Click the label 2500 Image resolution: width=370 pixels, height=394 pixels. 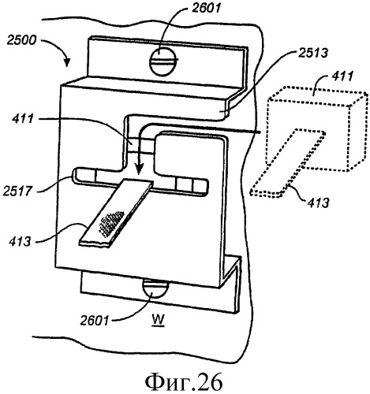coord(21,41)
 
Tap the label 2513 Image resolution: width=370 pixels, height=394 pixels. coord(312,53)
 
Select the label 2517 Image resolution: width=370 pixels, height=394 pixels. coord(17,191)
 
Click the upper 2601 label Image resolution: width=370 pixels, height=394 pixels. coord(206,8)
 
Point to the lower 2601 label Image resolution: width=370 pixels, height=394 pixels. coord(95,321)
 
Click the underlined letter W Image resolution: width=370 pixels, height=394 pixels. coord(159,321)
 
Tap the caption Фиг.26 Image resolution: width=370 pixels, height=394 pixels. coord(184,381)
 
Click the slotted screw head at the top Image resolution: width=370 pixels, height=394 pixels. coord(163,62)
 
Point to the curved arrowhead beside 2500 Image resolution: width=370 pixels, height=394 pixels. coord(67,62)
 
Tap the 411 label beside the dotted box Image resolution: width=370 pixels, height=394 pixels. coord(342,76)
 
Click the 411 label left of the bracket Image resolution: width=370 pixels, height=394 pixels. coord(23,119)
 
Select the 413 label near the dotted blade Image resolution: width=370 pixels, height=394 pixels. coord(318,203)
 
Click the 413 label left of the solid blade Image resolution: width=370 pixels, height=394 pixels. coord(20,241)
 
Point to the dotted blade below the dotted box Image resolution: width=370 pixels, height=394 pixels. coord(288,163)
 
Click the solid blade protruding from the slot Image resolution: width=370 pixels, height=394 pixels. coord(116,213)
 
